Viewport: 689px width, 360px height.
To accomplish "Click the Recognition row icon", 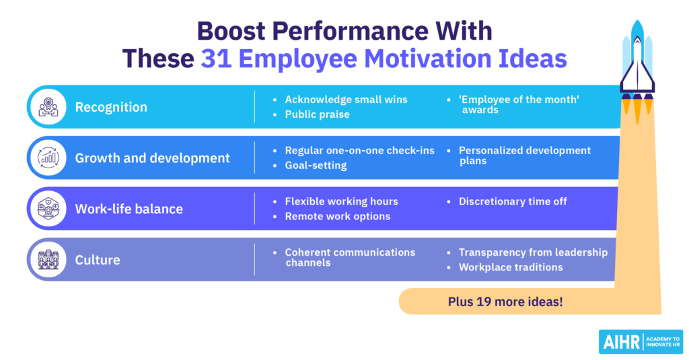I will click(x=48, y=107).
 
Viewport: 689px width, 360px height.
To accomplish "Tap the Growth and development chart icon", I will click(x=48, y=158).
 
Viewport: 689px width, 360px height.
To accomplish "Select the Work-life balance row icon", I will click(x=48, y=209).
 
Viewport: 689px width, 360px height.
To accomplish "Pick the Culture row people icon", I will click(x=48, y=259).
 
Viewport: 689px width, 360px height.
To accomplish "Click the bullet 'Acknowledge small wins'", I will click(x=346, y=100).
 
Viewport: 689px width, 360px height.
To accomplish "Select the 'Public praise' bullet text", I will click(x=317, y=114).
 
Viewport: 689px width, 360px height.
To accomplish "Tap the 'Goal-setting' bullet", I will click(x=316, y=166).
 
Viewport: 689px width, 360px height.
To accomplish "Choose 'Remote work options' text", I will click(x=337, y=216).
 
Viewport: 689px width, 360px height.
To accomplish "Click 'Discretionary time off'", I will click(x=513, y=201).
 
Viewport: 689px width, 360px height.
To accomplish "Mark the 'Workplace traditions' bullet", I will click(x=511, y=267).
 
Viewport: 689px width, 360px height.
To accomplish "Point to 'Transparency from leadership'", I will click(x=533, y=252).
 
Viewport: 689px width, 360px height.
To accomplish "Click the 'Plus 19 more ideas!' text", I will click(x=505, y=301).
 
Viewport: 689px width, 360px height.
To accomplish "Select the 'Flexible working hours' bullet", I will click(x=341, y=201).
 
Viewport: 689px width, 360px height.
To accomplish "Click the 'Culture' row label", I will click(x=98, y=260).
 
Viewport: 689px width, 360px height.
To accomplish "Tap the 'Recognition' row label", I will click(x=111, y=108).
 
